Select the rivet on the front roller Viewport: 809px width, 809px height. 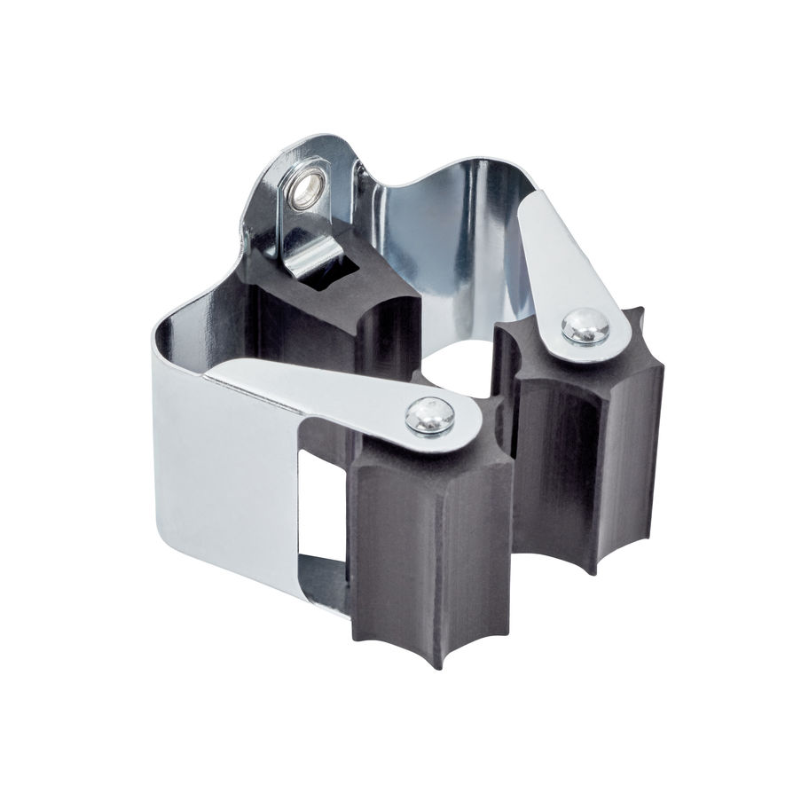pyautogui.click(x=429, y=415)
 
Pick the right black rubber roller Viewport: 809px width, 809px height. pyautogui.click(x=585, y=444)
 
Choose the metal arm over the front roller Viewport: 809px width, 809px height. pyautogui.click(x=328, y=390)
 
